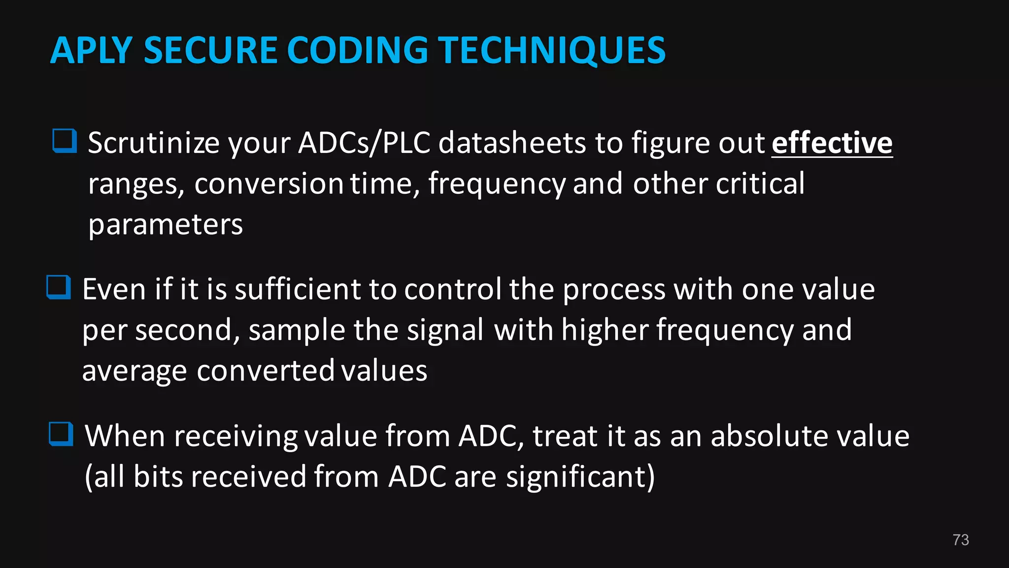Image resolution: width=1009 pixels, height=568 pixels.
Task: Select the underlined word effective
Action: pos(832,143)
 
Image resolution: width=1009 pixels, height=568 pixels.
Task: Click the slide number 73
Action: pos(961,540)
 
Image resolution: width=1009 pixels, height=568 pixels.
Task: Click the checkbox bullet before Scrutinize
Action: pos(65,141)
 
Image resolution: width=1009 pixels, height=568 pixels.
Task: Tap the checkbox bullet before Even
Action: pos(59,287)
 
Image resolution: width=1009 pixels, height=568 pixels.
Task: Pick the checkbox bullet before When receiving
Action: pos(61,434)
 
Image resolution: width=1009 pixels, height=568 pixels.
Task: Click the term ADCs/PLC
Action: pos(364,143)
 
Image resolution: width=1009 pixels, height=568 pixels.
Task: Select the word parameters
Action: pos(165,225)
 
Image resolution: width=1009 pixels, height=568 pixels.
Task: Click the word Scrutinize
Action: pos(153,143)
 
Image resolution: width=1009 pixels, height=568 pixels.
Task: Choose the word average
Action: pos(134,371)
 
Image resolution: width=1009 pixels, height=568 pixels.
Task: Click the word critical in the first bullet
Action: pos(760,183)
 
